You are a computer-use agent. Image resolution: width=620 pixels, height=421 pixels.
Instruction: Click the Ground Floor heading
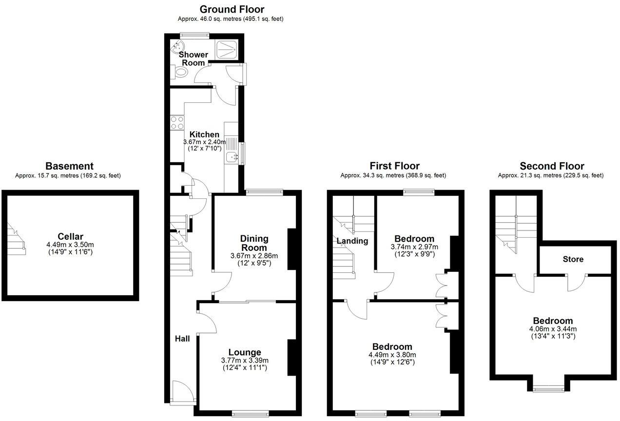(232, 9)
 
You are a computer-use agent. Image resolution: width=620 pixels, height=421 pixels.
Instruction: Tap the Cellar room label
(70, 236)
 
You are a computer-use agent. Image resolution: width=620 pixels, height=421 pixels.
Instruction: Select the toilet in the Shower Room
(181, 72)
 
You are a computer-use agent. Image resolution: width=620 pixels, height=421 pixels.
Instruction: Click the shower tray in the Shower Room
(227, 47)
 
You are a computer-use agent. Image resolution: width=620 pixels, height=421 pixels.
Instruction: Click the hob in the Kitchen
(177, 122)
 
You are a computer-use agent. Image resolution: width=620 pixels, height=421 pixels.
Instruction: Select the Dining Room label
(254, 243)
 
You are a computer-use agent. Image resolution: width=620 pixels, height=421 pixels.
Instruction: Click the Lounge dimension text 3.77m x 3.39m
(245, 361)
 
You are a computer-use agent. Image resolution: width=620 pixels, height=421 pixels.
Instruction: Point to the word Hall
(183, 338)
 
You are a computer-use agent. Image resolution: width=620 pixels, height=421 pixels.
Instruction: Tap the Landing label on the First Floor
(352, 241)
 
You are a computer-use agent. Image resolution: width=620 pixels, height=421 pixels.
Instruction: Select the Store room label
(573, 259)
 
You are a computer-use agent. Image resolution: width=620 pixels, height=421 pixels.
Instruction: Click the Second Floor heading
(552, 166)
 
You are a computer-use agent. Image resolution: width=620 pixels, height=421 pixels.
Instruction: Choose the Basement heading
(69, 166)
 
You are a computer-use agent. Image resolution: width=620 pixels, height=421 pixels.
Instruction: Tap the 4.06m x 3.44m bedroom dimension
(553, 328)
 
